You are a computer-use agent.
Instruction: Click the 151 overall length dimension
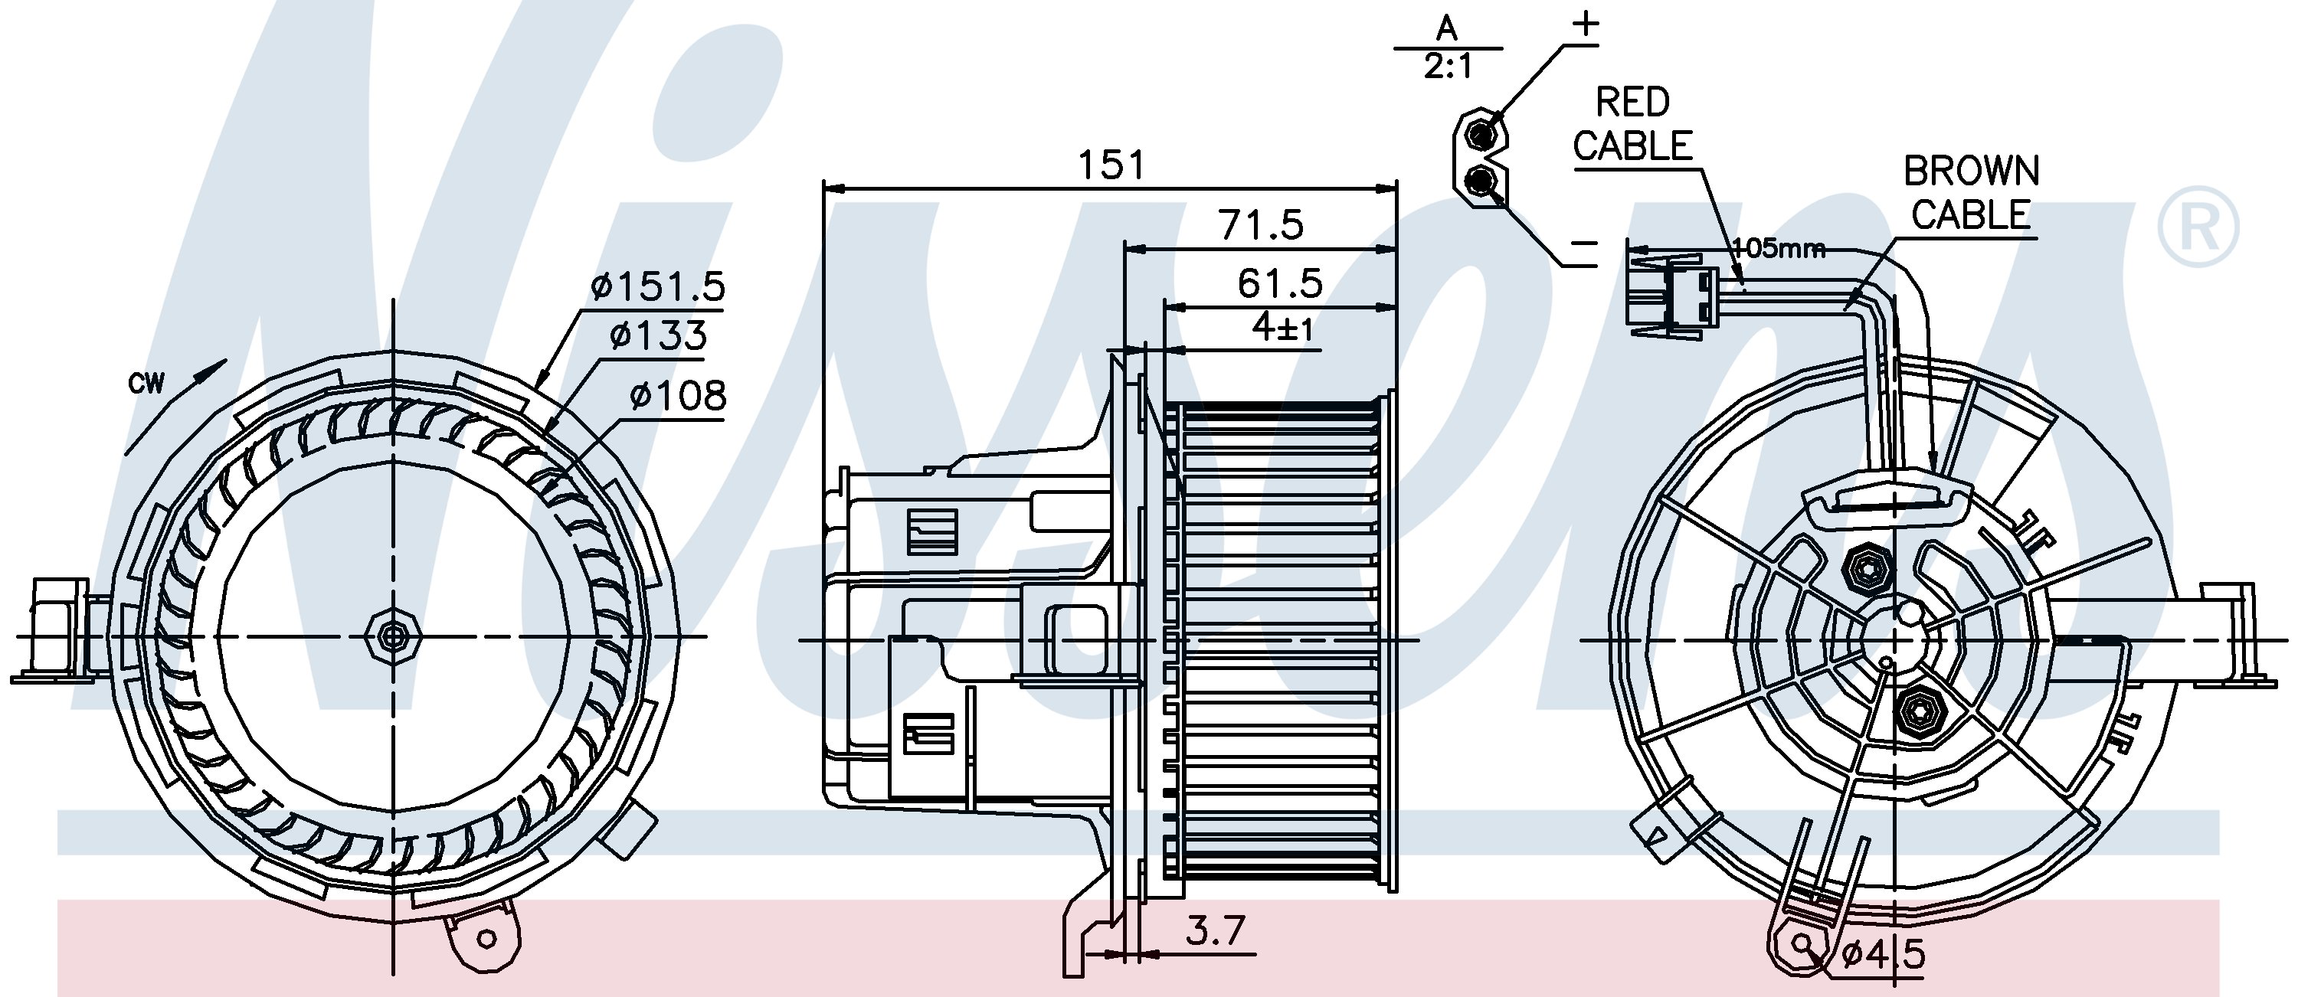(1111, 166)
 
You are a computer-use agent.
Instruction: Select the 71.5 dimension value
(1261, 224)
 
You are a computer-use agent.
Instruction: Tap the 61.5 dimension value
(1279, 283)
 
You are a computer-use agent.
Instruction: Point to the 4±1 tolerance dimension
(1283, 329)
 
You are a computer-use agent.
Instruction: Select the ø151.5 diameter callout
(657, 286)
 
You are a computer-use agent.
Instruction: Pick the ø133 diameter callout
(658, 335)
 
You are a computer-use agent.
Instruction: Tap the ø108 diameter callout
(678, 394)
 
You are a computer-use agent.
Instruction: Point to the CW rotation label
(146, 384)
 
